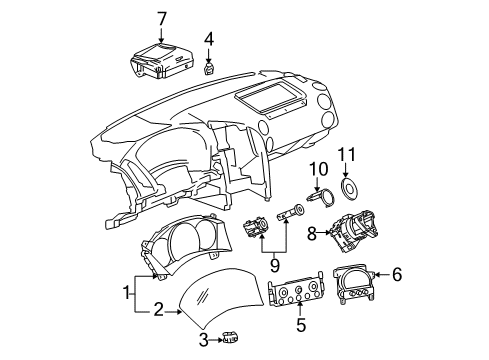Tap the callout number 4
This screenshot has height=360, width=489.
point(208,40)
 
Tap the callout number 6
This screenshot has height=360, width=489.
point(396,272)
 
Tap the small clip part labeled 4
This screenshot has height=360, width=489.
point(207,68)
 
